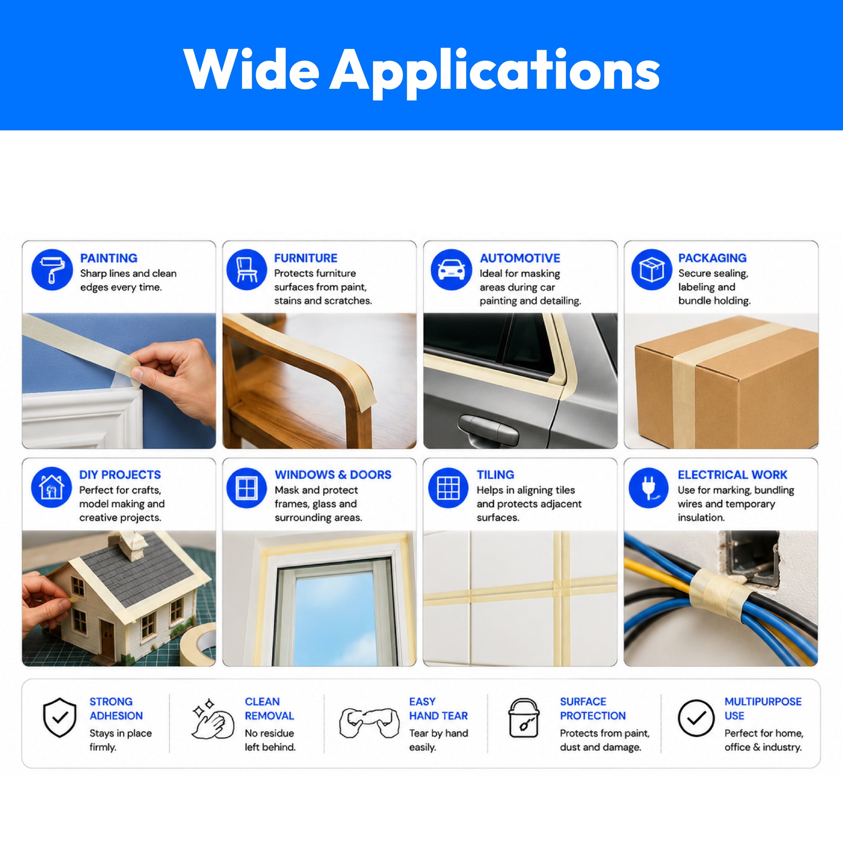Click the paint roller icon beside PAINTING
[52, 269]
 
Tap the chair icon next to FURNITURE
[246, 269]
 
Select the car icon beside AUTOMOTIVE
[451, 269]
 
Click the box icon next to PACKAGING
[652, 269]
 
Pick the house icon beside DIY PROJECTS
[52, 487]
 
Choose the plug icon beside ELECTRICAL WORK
[648, 487]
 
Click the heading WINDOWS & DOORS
[333, 474]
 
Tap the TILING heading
[495, 474]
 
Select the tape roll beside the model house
[199, 645]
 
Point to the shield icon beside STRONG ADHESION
[60, 717]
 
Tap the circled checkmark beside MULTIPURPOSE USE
[696, 718]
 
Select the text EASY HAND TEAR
[438, 709]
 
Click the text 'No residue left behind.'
[270, 740]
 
